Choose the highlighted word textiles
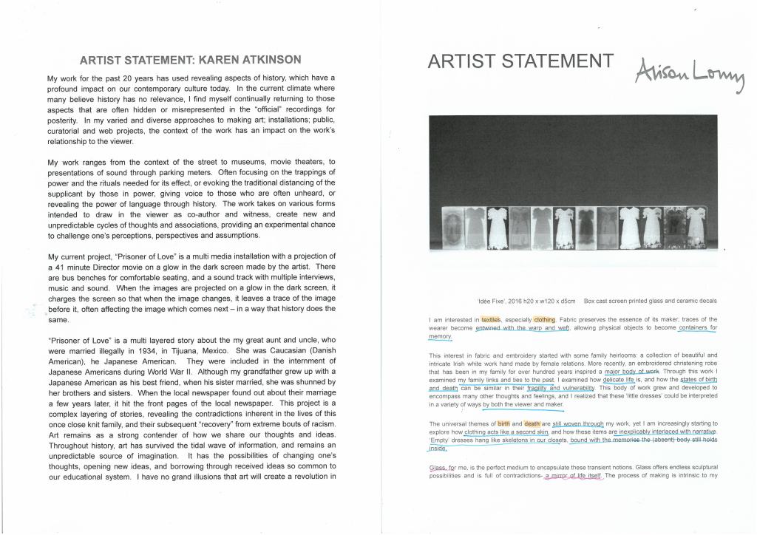491,319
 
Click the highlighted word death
534,423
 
